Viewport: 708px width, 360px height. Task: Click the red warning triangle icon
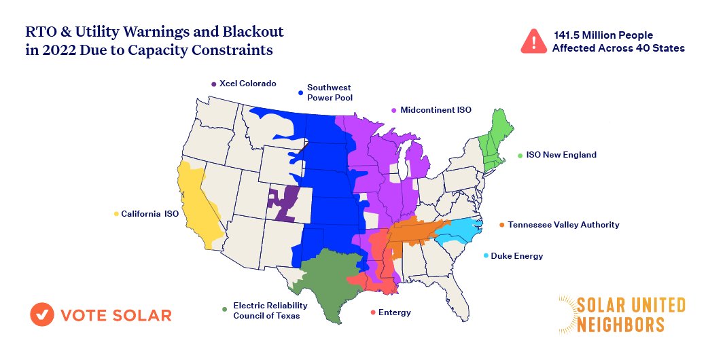coord(533,41)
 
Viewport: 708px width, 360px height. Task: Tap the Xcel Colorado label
coord(247,84)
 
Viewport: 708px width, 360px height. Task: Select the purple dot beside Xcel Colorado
coord(213,84)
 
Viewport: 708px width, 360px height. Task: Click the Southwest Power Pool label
coord(330,92)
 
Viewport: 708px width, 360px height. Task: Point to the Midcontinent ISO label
coord(436,109)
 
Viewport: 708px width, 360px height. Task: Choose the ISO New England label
coord(561,155)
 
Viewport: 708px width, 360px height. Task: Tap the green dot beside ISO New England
coord(520,156)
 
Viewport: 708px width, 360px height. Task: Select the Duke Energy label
coord(516,256)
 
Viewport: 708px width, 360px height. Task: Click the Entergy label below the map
coord(394,312)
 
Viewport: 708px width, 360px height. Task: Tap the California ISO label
coord(149,214)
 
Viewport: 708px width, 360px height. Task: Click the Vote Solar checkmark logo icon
coord(42,314)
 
